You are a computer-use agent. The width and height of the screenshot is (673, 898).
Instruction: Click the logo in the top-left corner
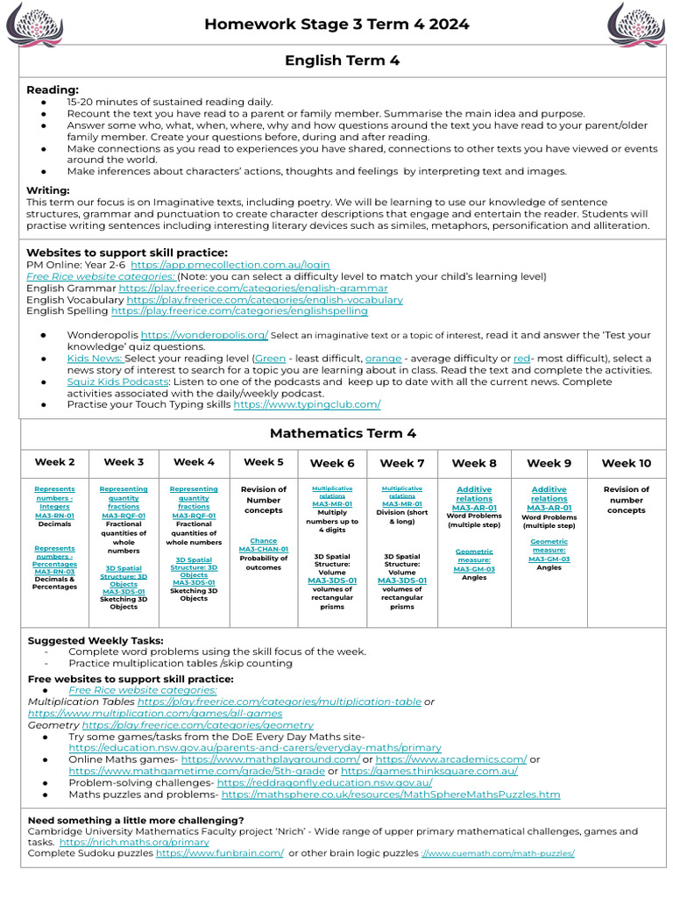(x=34, y=24)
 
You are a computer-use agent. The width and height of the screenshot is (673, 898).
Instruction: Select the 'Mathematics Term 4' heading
(x=343, y=433)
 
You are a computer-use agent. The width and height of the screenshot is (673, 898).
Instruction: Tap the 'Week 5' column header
(x=264, y=462)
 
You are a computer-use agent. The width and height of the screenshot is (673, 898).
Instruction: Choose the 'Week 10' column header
(x=626, y=463)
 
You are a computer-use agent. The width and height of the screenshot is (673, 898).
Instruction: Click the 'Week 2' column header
(x=54, y=462)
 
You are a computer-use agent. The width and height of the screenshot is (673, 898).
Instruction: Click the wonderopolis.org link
(x=204, y=335)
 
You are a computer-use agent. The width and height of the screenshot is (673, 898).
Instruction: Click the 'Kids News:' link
(x=96, y=359)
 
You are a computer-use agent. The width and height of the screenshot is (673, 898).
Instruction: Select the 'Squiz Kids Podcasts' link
(x=117, y=381)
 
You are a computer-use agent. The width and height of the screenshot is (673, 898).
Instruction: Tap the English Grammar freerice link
(x=253, y=288)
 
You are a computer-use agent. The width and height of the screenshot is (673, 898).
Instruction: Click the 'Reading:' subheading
(x=53, y=89)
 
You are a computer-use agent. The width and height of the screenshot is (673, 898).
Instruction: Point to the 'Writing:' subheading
(x=48, y=190)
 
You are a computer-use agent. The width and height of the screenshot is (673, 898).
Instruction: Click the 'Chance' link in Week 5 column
(x=264, y=541)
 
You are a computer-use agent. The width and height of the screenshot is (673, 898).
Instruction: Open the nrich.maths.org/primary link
(x=134, y=842)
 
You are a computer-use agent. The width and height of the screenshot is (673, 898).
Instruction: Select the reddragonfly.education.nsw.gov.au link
(x=324, y=782)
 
